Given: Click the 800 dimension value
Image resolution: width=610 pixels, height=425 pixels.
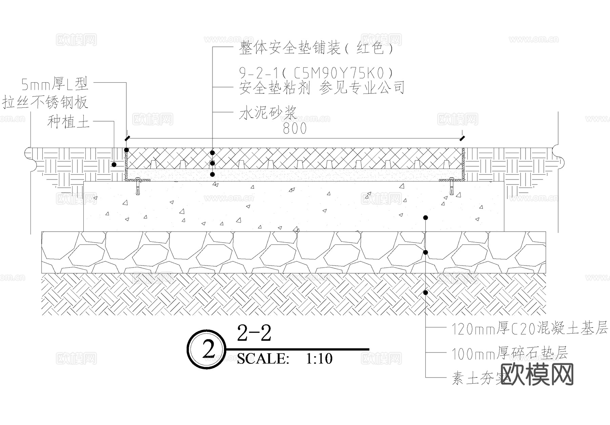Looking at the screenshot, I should pyautogui.click(x=294, y=129).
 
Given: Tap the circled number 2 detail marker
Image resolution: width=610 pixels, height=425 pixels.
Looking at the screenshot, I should pyautogui.click(x=206, y=349).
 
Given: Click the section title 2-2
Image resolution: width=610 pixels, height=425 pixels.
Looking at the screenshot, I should pyautogui.click(x=254, y=333).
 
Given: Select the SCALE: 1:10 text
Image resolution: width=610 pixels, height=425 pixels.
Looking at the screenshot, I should pyautogui.click(x=285, y=359).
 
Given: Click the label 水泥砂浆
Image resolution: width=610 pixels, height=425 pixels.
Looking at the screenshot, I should pyautogui.click(x=268, y=113).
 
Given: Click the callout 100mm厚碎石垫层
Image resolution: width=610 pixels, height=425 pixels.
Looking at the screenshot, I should pyautogui.click(x=510, y=354).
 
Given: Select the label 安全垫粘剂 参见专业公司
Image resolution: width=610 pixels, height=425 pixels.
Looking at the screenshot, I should pyautogui.click(x=322, y=88).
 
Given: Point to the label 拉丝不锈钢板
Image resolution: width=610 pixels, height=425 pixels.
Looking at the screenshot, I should pyautogui.click(x=45, y=103).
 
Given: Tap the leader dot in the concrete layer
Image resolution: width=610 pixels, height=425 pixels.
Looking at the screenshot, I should pyautogui.click(x=426, y=217).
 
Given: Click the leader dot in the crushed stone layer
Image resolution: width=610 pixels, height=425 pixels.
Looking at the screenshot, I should pyautogui.click(x=426, y=252).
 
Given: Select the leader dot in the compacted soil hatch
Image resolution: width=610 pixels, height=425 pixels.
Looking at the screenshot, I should pyautogui.click(x=426, y=292).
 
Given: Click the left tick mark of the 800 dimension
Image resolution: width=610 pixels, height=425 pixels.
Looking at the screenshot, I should pyautogui.click(x=127, y=138).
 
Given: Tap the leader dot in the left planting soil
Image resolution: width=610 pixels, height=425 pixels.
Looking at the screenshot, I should pyautogui.click(x=114, y=165).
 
